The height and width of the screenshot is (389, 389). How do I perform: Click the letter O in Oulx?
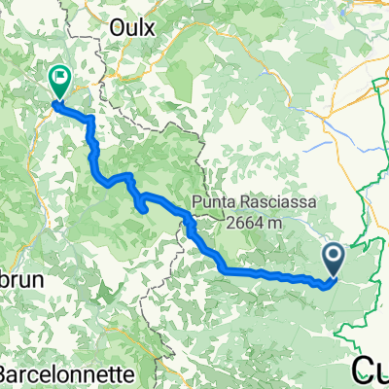[120, 27]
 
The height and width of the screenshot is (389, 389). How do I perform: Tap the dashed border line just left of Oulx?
[103, 29]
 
